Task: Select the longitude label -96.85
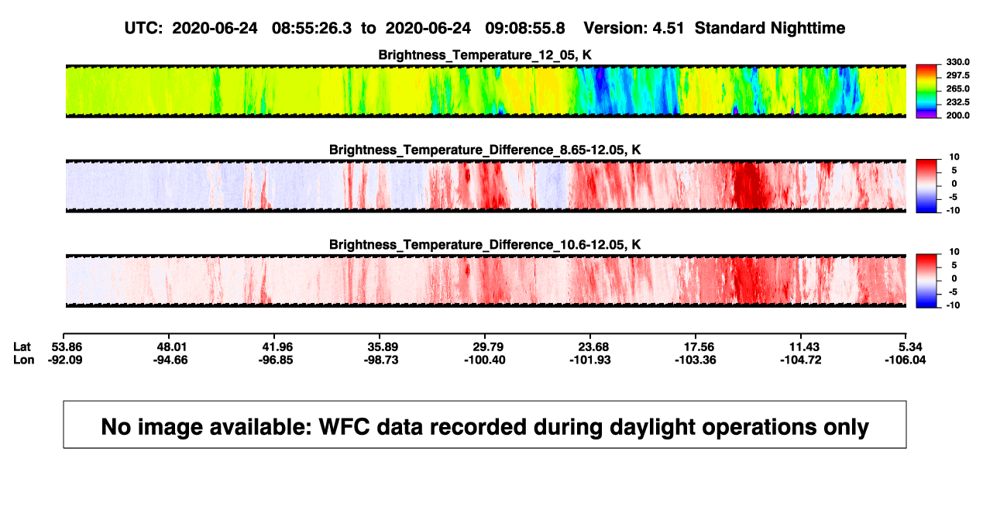point(276,360)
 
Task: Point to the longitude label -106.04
point(905,360)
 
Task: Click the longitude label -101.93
point(589,360)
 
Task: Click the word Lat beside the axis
point(22,347)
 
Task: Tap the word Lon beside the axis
point(24,360)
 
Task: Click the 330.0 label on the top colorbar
point(957,62)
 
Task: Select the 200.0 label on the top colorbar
point(957,115)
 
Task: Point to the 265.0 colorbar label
point(957,88)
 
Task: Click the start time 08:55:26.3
point(311,29)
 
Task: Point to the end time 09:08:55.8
point(525,29)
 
